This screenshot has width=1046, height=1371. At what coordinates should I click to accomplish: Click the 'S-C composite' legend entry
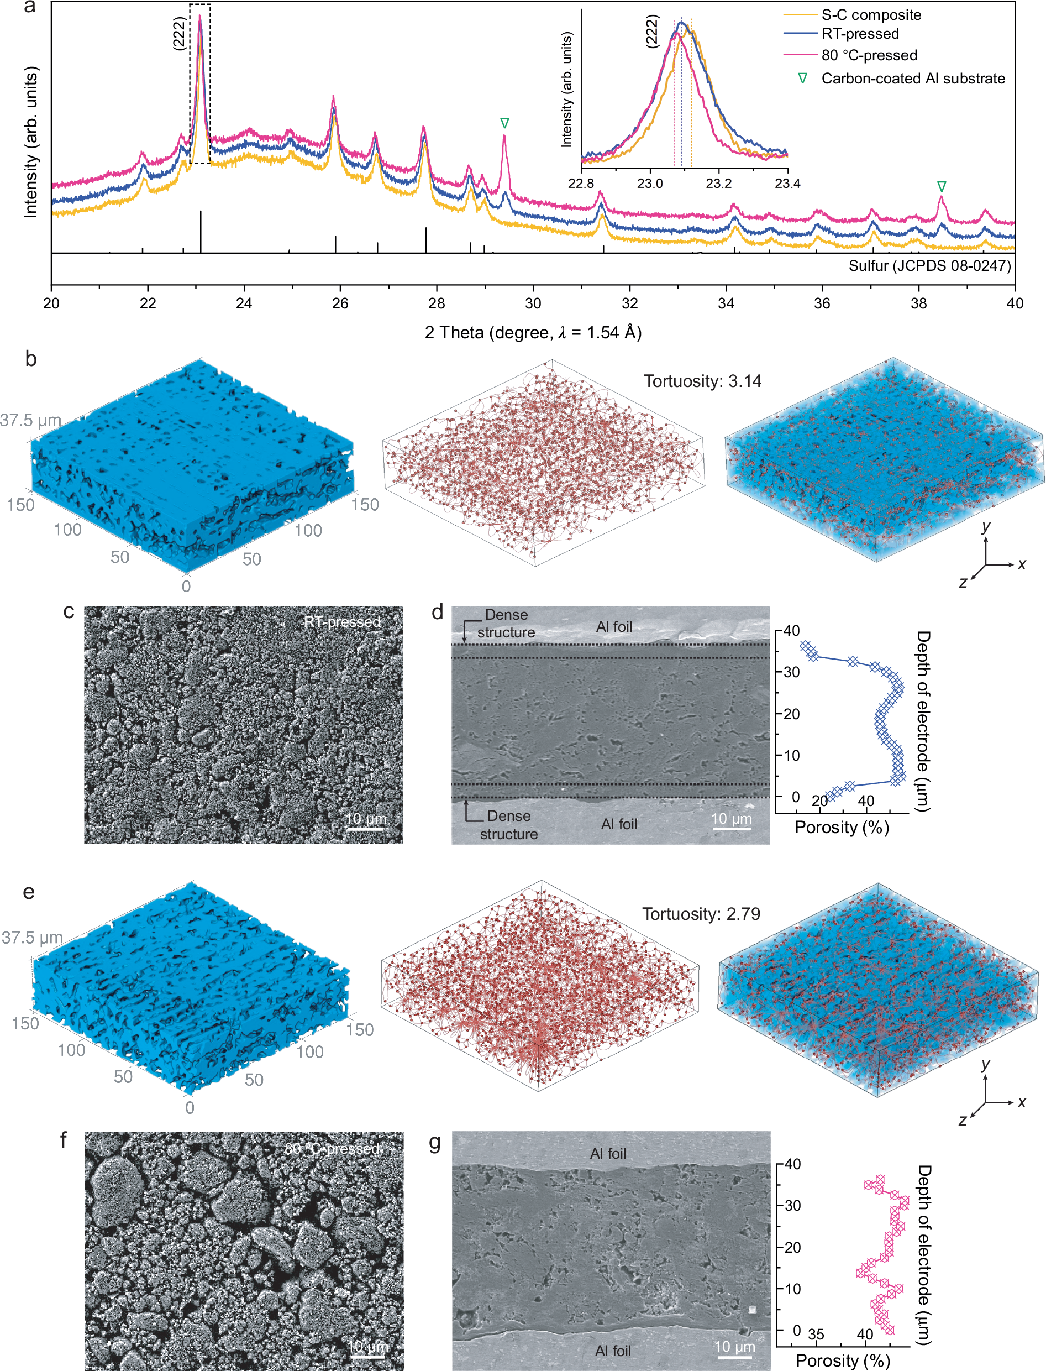click(x=870, y=15)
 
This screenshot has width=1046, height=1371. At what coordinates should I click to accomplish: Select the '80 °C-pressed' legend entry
click(x=869, y=55)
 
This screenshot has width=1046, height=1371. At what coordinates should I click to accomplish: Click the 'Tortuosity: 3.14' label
click(x=702, y=381)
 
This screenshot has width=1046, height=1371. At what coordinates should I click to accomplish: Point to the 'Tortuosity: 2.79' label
click(x=701, y=914)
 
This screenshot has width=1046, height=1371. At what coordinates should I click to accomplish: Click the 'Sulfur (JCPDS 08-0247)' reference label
click(x=929, y=266)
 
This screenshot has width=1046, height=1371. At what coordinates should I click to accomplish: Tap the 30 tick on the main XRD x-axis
click(x=533, y=303)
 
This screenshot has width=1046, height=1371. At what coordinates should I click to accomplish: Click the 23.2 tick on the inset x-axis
click(x=718, y=184)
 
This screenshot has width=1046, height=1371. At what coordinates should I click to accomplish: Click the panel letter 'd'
click(x=438, y=613)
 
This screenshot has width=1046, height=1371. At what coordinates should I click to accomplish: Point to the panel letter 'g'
click(x=435, y=1143)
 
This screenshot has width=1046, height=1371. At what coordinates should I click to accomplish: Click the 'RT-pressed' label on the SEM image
click(x=342, y=622)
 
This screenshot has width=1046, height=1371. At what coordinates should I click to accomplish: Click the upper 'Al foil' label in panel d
click(x=614, y=627)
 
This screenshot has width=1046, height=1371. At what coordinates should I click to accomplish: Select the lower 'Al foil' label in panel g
click(x=613, y=1351)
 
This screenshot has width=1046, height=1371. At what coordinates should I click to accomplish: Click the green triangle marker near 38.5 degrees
click(x=942, y=187)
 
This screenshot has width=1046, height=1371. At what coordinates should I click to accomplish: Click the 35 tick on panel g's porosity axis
click(x=816, y=1335)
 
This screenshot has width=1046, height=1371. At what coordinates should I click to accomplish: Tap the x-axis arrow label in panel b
click(x=1021, y=564)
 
